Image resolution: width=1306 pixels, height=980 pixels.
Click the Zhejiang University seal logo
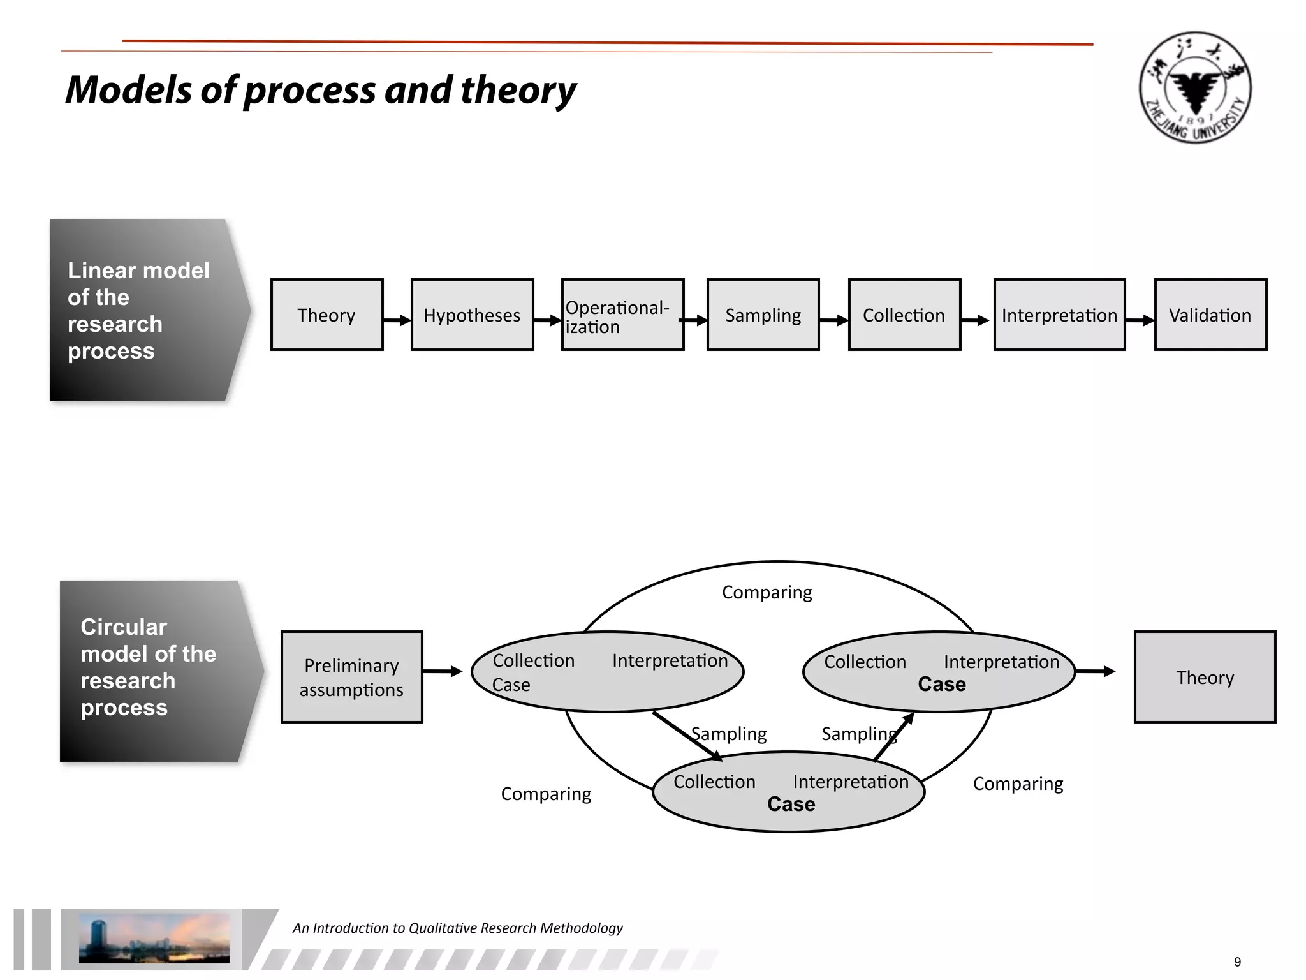click(x=1195, y=87)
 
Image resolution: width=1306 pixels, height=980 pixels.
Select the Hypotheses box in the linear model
click(x=472, y=315)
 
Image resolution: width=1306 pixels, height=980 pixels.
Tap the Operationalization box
click(x=622, y=315)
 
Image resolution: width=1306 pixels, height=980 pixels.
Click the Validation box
click(x=1210, y=315)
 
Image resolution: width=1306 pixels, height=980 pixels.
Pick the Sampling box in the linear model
click(x=763, y=315)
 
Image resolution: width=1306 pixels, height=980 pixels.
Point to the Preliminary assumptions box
click(x=351, y=677)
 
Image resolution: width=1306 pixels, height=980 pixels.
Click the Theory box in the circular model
click(x=1205, y=677)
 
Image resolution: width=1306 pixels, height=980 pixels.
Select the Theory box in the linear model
click(x=326, y=315)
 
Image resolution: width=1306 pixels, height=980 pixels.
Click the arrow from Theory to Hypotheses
click(x=397, y=320)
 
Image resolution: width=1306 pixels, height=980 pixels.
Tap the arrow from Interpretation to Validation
click(x=1140, y=320)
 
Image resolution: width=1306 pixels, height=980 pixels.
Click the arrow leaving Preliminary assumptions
click(x=442, y=671)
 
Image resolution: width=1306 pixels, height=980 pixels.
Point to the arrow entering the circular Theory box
click(x=1095, y=671)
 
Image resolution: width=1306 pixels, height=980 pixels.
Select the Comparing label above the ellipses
click(x=767, y=593)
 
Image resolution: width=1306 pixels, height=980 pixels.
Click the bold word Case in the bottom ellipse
click(x=791, y=805)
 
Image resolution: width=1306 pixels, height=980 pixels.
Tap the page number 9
click(x=1237, y=962)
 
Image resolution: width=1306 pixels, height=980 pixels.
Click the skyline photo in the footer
click(x=154, y=938)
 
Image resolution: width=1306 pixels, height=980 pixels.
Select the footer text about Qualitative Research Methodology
click(x=457, y=928)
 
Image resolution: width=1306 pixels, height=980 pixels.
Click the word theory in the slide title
click(x=518, y=90)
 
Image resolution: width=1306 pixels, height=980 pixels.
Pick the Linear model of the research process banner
click(x=143, y=311)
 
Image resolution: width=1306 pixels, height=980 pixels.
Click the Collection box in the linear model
click(x=904, y=315)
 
